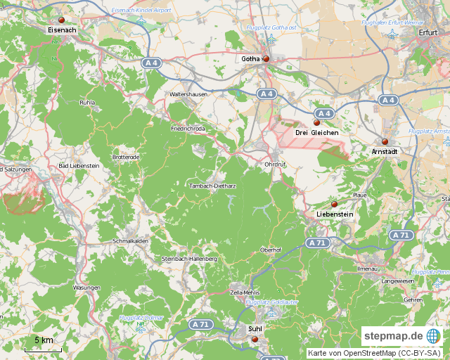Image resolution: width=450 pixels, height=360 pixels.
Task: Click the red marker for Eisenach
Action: (x=61, y=20)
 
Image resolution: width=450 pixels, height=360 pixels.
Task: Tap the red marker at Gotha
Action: (x=266, y=59)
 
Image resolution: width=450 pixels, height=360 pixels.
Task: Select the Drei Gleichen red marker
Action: (x=316, y=123)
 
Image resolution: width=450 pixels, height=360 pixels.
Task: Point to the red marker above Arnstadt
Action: (x=385, y=142)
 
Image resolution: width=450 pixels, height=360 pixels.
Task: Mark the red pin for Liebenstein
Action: (x=334, y=205)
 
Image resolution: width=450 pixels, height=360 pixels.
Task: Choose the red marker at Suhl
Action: (x=255, y=339)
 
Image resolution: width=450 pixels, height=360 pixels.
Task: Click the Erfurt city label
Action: (x=427, y=32)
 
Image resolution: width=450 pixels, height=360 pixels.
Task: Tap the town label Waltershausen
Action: (x=188, y=94)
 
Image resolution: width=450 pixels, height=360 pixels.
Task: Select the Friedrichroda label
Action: (x=188, y=129)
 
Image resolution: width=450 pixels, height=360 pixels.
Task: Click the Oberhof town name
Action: (x=271, y=250)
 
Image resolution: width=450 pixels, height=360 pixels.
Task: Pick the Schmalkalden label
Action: (x=130, y=240)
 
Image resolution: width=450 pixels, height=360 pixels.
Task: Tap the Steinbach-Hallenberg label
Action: (x=190, y=259)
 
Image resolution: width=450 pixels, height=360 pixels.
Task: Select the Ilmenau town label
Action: (x=367, y=269)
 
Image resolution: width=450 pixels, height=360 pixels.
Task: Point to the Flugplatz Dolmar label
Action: (x=141, y=318)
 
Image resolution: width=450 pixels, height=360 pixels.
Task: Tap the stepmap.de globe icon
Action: (x=433, y=335)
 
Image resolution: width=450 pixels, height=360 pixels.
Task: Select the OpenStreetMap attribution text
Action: (x=374, y=353)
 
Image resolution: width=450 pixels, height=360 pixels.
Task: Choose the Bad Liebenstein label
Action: (x=79, y=165)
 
